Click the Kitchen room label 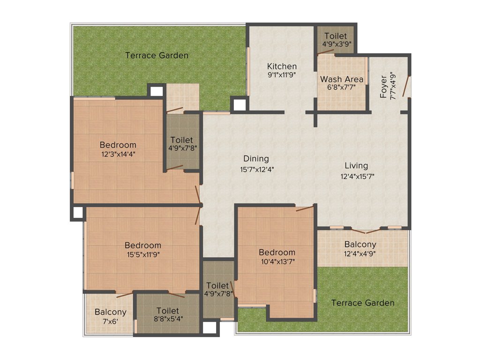click(282, 66)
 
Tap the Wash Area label click(342, 79)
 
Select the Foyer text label click(384, 86)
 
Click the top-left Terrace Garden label click(157, 55)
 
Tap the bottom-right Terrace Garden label click(362, 303)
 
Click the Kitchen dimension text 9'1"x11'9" click(282, 74)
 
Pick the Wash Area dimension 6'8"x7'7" click(342, 87)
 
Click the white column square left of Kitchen click(239, 104)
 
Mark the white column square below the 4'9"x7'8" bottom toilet click(211, 328)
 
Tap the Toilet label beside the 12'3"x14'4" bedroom click(181, 140)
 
